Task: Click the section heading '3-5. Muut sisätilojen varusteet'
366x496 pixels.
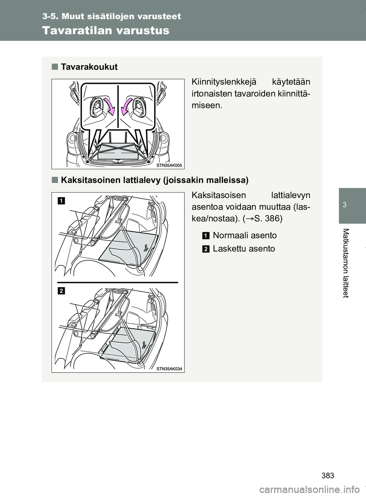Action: (111, 16)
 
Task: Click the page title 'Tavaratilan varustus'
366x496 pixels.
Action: (106, 30)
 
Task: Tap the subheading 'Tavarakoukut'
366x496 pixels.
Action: (89, 67)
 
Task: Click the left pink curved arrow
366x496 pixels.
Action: (109, 106)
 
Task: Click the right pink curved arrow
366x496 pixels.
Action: (127, 106)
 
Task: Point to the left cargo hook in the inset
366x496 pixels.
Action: (96, 108)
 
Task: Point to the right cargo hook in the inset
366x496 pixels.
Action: (140, 108)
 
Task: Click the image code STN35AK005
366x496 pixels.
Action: (169, 165)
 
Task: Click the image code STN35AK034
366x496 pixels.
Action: (169, 369)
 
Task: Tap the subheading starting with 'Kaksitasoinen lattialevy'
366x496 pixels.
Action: (154, 180)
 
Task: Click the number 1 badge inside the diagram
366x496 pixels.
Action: (61, 201)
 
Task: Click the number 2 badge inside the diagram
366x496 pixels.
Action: (61, 291)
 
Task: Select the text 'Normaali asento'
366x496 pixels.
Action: (245, 235)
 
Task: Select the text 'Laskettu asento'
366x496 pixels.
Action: (244, 249)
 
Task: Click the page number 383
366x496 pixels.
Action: (328, 476)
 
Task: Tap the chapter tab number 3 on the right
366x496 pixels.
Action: (345, 205)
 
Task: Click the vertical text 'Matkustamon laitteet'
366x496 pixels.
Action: (346, 263)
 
